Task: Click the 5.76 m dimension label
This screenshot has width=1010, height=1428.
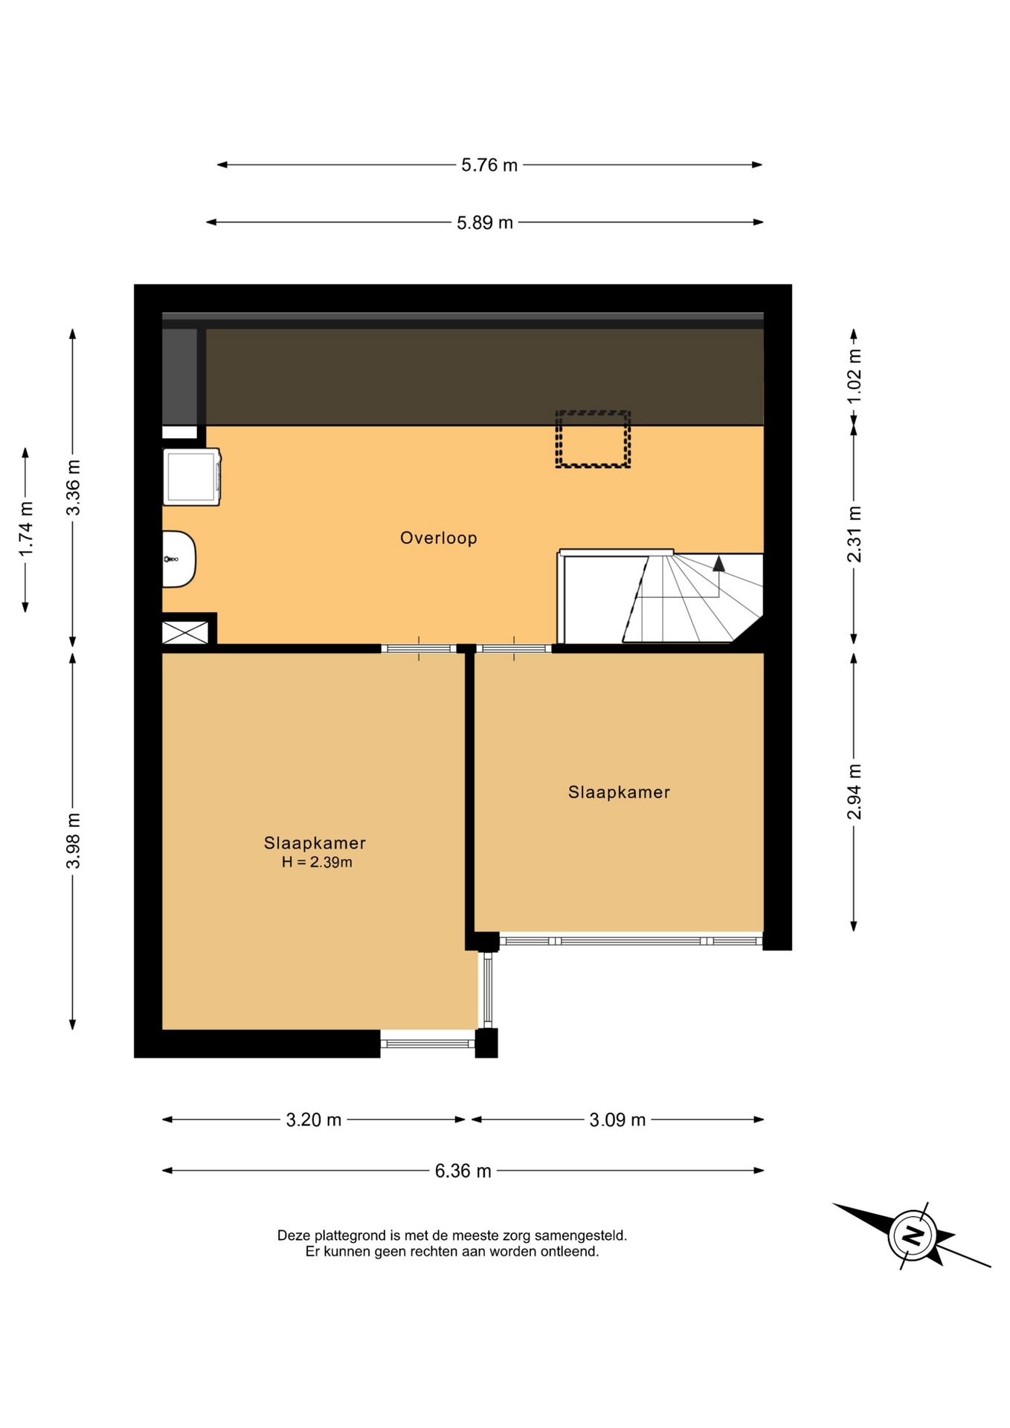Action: coord(489,165)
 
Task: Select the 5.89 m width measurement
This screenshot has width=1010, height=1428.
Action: coord(484,222)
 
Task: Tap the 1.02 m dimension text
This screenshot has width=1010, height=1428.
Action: coord(854,376)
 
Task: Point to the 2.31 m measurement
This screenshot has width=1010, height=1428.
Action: coord(854,534)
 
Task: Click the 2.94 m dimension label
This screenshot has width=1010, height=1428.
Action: coord(854,791)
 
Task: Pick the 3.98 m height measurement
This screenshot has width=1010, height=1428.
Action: coord(73,840)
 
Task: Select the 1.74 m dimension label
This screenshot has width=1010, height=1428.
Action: coord(25,529)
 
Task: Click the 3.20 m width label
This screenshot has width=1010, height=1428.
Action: coord(314,1119)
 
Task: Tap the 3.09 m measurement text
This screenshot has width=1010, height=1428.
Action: coord(617,1119)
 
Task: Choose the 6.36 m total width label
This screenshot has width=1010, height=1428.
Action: coord(463,1171)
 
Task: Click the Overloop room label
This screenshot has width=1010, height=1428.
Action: coord(439,538)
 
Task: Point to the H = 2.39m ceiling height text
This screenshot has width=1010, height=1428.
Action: coord(317,863)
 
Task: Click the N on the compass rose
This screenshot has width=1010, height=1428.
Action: coord(913,1236)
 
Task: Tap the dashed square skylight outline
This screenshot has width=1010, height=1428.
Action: coord(593,440)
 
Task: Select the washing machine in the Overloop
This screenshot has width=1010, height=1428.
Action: coord(192,477)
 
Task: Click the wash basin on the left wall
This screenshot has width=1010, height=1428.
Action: coord(178,559)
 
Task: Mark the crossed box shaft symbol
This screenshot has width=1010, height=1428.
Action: coord(185,633)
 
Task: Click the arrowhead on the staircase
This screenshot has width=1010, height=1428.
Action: coord(718,563)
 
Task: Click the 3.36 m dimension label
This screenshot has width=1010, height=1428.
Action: coord(73,487)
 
